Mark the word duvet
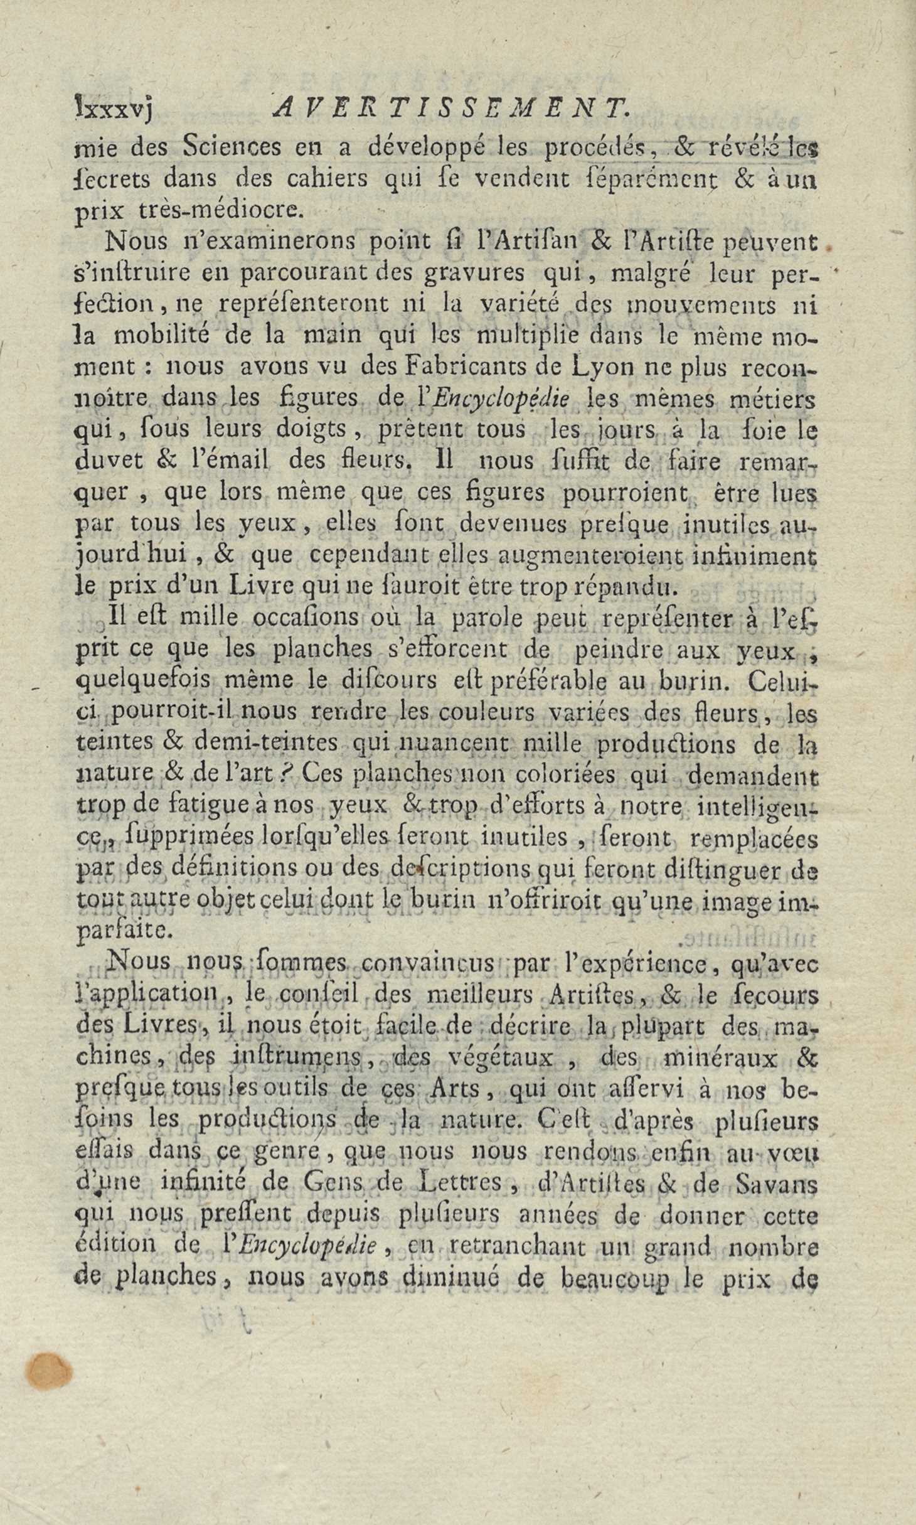(x=109, y=461)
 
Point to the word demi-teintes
(x=266, y=744)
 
